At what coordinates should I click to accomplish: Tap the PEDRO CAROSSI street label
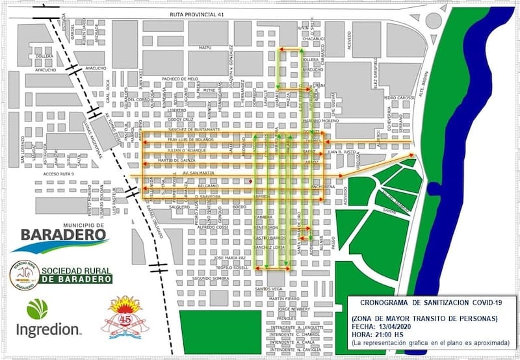(x=398, y=98)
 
